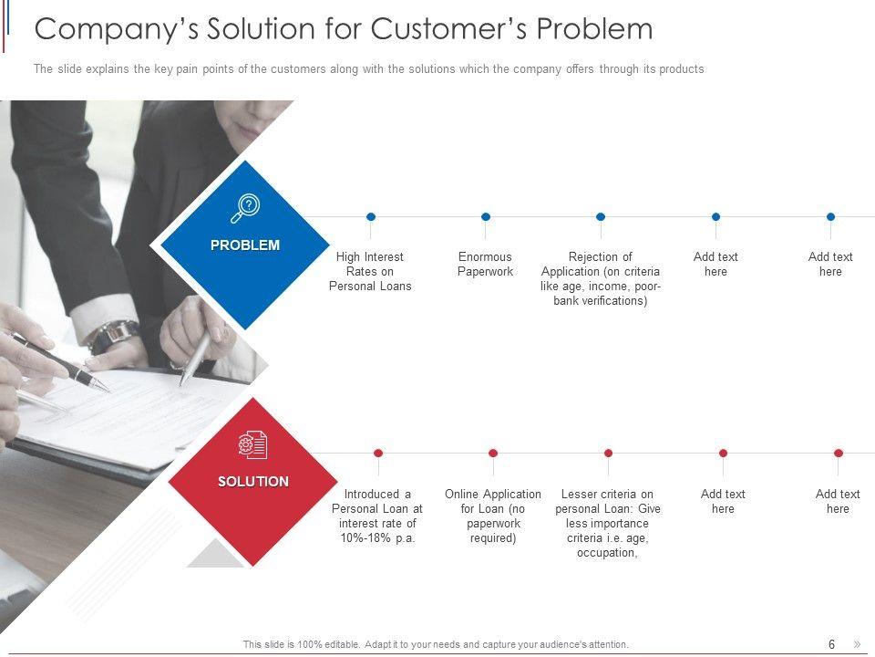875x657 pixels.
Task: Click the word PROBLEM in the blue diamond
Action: (x=245, y=245)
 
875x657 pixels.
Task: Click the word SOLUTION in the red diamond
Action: (x=253, y=482)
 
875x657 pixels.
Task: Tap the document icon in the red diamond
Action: (x=252, y=445)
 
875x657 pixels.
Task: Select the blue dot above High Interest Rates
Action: (x=371, y=217)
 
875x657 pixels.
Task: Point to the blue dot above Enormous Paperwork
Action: (x=486, y=217)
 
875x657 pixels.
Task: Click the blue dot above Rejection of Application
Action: (x=601, y=217)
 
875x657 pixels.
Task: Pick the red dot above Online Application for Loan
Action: (x=493, y=453)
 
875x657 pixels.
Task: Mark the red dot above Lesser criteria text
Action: (x=608, y=453)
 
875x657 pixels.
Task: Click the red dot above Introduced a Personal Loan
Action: (x=378, y=453)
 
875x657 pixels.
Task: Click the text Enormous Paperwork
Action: (x=485, y=265)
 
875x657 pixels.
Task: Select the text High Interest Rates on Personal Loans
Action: (x=370, y=272)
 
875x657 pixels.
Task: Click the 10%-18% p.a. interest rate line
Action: (x=377, y=538)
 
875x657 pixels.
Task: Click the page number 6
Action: (x=831, y=644)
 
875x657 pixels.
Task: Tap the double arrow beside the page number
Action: (x=856, y=644)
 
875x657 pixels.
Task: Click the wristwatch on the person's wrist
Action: (x=114, y=336)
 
